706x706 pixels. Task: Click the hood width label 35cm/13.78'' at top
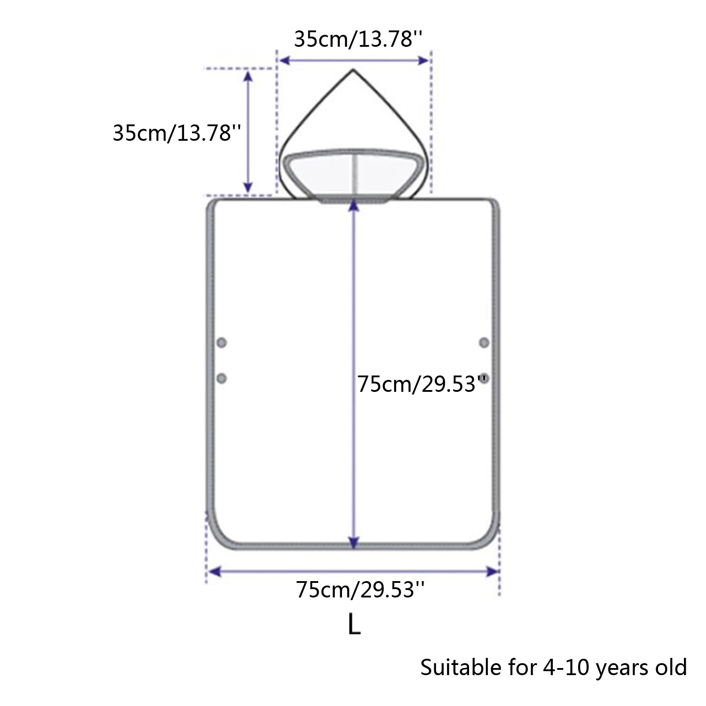coord(359,40)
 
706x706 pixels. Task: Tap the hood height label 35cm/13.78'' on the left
coord(177,132)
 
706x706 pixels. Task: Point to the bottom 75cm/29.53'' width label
coord(361,589)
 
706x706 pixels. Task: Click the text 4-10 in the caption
coord(566,668)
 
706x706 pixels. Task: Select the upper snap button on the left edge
coord(222,342)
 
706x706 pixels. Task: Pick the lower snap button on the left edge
coord(222,378)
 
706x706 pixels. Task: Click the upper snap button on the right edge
coord(484,342)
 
